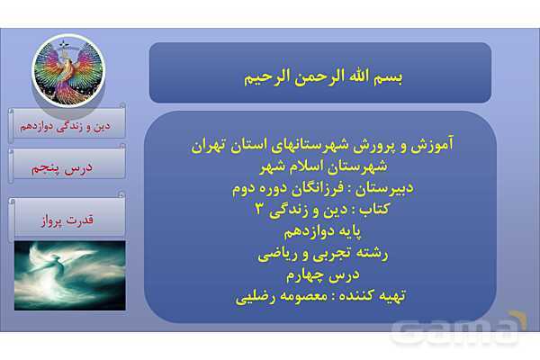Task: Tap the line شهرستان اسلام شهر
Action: point(320,164)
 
